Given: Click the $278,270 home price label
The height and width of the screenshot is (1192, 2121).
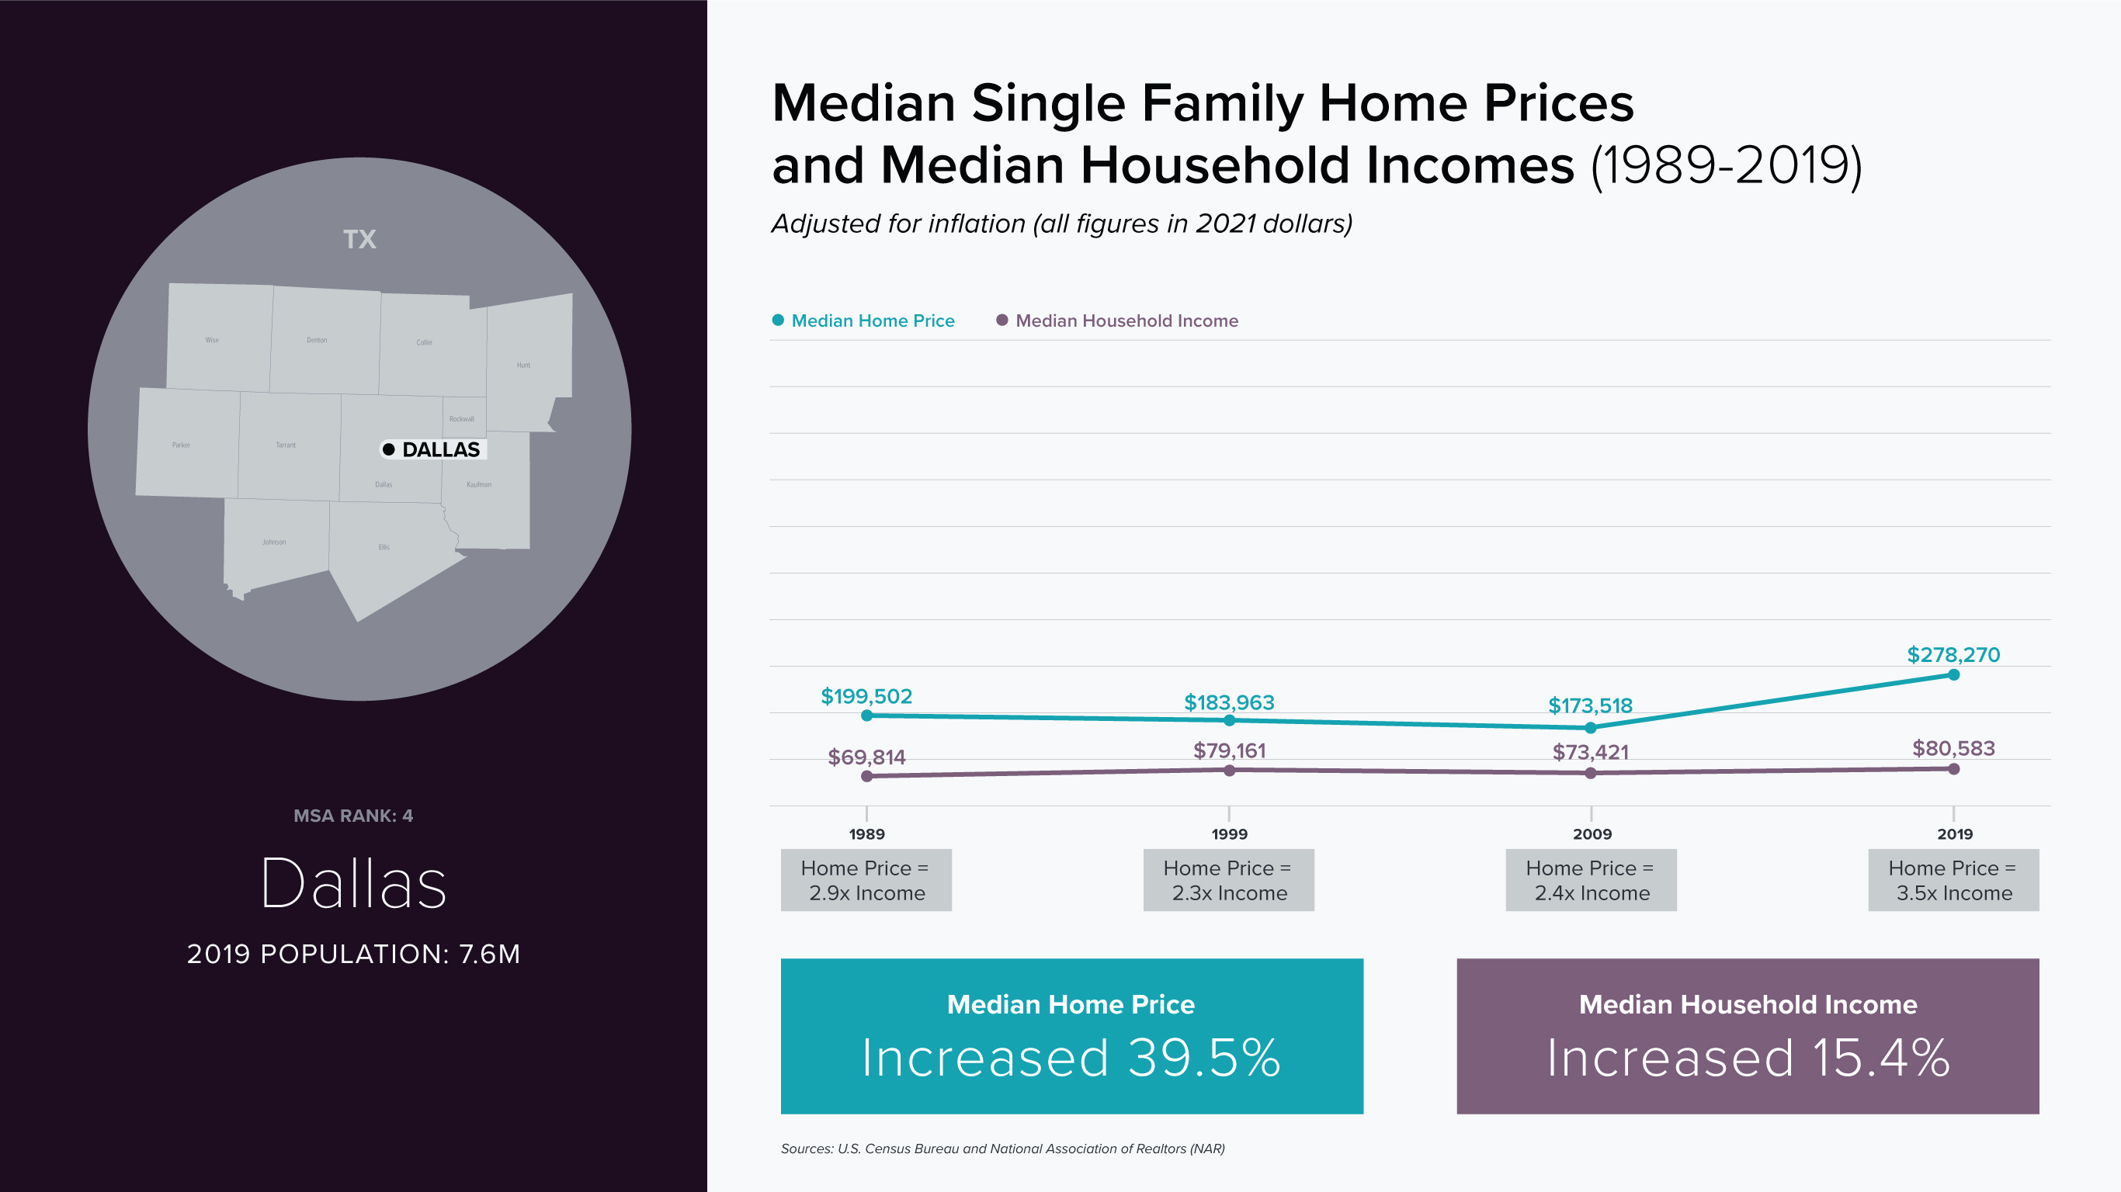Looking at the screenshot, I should point(1953,654).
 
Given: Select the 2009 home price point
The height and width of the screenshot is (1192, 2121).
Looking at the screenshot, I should point(1591,728).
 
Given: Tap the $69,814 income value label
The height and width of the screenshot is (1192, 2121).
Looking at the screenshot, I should point(866,757).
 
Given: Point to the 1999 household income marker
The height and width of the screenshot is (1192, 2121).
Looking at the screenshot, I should point(1229,771).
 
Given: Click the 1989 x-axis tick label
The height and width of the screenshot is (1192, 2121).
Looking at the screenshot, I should point(866,834).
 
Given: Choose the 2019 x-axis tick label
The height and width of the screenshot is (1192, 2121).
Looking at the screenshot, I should point(1955,834).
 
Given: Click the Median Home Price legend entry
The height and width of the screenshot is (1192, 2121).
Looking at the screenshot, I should point(872,321).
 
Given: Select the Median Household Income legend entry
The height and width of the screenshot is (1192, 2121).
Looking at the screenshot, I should point(1126,321).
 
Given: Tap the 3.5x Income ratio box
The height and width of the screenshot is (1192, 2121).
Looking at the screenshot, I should point(1953,880).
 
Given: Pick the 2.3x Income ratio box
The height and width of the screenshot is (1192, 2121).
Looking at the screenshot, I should point(1228,880).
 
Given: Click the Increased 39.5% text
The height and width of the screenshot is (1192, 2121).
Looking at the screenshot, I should point(1071,1058).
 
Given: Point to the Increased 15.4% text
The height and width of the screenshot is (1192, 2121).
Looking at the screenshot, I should point(1748,1058).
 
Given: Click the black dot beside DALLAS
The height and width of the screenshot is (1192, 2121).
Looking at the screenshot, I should point(389,449).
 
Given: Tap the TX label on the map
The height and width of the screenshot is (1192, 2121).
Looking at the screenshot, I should point(359,240).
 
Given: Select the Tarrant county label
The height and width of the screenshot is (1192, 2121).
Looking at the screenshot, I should point(286,445).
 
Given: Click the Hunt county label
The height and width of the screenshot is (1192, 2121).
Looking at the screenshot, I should point(524,365).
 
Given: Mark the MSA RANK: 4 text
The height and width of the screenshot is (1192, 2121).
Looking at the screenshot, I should point(353,816).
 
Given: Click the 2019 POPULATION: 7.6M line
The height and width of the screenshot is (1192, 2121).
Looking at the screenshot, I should point(353,954).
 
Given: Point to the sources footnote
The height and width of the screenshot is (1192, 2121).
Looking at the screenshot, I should point(1002,1149).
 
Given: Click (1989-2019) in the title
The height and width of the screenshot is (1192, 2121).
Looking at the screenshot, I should point(1726,166).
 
